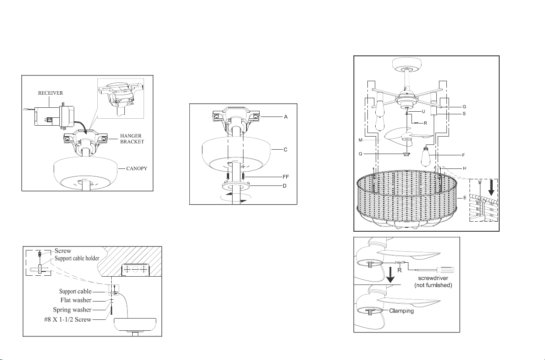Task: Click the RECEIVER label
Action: tap(50, 93)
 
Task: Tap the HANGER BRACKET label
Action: tap(132, 139)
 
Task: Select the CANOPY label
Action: tap(137, 168)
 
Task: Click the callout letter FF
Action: tap(286, 177)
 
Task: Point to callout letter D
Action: tap(284, 186)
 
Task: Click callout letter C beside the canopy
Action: tap(286, 150)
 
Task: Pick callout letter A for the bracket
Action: tap(286, 117)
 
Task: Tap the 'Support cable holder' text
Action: tap(77, 258)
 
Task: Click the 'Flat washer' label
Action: tap(76, 300)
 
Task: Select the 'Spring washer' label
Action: tap(72, 310)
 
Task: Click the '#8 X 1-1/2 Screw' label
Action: tap(68, 319)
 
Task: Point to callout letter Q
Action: tap(360, 154)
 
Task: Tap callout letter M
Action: tap(360, 140)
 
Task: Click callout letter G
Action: tap(464, 107)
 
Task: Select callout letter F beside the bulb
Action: tap(463, 155)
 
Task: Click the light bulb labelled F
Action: tap(425, 156)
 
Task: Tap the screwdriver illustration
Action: tap(436, 270)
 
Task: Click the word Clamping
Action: tap(401, 311)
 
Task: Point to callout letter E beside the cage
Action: tap(465, 198)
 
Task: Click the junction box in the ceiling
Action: tap(136, 270)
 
